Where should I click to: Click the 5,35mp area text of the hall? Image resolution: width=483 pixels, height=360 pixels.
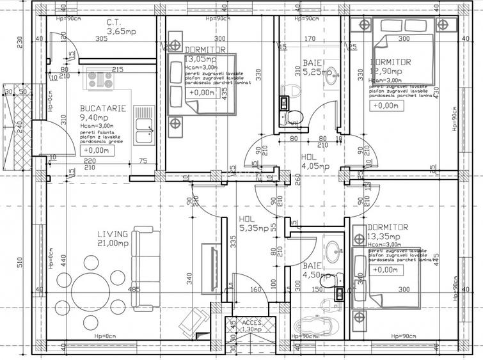(x=254, y=227)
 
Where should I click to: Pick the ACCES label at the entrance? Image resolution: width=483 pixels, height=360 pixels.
(x=251, y=323)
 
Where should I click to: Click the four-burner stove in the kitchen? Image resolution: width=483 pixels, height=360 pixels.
(x=100, y=79)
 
